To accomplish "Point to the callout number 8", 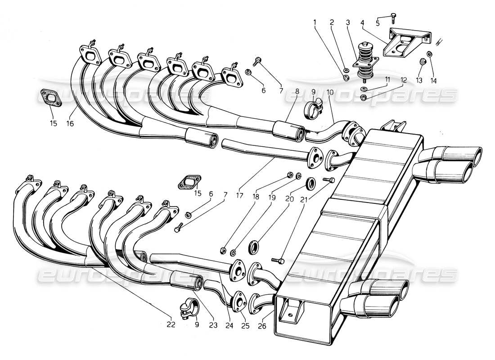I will pyautogui.click(x=297, y=90).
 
